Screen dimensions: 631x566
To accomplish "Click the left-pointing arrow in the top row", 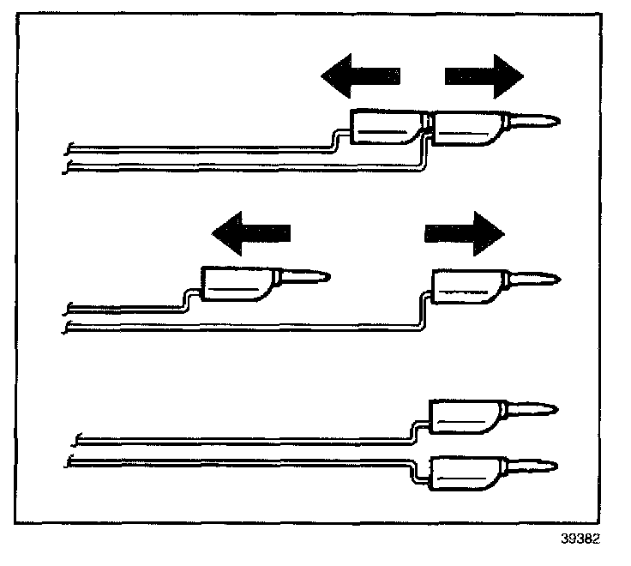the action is click(360, 76).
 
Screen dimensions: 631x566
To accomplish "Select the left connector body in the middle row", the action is click(237, 284).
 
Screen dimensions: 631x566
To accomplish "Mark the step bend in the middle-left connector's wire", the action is click(186, 301).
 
